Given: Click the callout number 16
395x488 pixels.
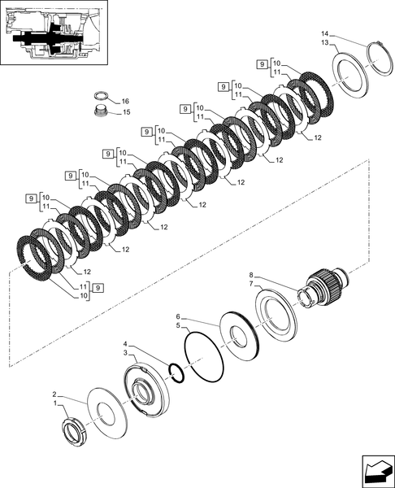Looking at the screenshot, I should [x=125, y=102].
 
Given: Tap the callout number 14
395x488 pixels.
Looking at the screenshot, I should [x=325, y=35].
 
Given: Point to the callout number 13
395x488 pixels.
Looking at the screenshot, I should [x=325, y=43].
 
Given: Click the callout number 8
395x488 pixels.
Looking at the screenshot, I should [x=253, y=277].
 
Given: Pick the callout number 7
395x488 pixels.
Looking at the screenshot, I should [x=253, y=285].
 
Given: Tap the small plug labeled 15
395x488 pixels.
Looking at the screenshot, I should [x=102, y=111].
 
